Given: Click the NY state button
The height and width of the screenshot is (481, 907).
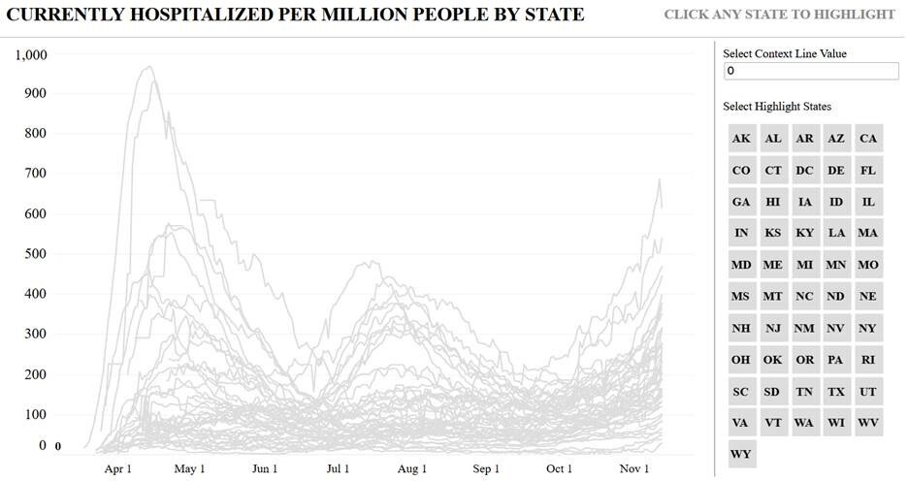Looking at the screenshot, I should (868, 329).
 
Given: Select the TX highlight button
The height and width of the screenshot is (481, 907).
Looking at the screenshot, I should (836, 392).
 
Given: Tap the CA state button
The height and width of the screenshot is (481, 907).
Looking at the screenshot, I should (868, 139).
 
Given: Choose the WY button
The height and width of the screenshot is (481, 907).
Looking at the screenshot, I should (742, 455).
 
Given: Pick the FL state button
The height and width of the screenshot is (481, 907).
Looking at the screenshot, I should (868, 171).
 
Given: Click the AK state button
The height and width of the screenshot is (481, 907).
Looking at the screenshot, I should (742, 139).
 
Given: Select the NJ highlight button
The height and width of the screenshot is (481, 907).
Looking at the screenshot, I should (773, 329).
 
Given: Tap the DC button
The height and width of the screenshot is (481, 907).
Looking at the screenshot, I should (804, 171).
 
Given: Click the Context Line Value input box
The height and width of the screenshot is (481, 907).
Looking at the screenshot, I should (811, 72).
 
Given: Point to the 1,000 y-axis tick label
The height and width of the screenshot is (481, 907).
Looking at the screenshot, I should (31, 54).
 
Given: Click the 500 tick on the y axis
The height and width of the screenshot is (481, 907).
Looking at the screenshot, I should (35, 254).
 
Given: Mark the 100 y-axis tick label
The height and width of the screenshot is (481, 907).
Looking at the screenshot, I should (35, 414).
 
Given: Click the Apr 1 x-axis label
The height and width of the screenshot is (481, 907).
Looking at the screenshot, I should (117, 468).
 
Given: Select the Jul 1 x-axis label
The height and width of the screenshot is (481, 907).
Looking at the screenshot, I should (339, 468).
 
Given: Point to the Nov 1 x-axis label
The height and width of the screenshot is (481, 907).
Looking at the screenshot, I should (634, 468).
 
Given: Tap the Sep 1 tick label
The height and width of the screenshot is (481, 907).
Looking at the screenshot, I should (486, 468).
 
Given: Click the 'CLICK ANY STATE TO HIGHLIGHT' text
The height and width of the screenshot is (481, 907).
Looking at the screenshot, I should (779, 15).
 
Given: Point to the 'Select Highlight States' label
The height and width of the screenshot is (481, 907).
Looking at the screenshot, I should (777, 107).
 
